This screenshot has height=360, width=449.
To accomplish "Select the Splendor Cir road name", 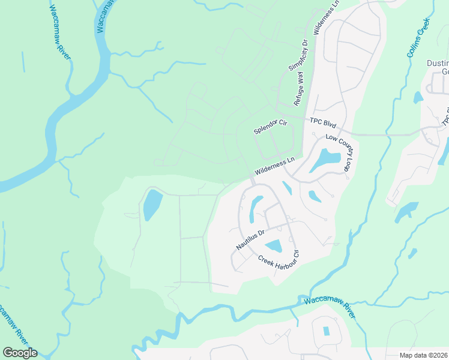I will (x=271, y=127).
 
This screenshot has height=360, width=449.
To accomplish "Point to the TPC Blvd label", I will (x=322, y=122).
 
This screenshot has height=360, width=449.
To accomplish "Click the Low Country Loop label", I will (x=338, y=154).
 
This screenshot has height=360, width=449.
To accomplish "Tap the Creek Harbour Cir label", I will (x=279, y=259).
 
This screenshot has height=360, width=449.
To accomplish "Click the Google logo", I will (x=20, y=353).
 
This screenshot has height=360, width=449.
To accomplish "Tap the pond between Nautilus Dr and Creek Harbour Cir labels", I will (x=274, y=246).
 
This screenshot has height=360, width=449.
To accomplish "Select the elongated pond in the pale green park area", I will (x=151, y=205).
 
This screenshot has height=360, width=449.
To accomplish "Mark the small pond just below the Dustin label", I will (x=418, y=97).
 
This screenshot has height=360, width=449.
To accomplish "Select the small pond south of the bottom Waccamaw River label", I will (x=327, y=331).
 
